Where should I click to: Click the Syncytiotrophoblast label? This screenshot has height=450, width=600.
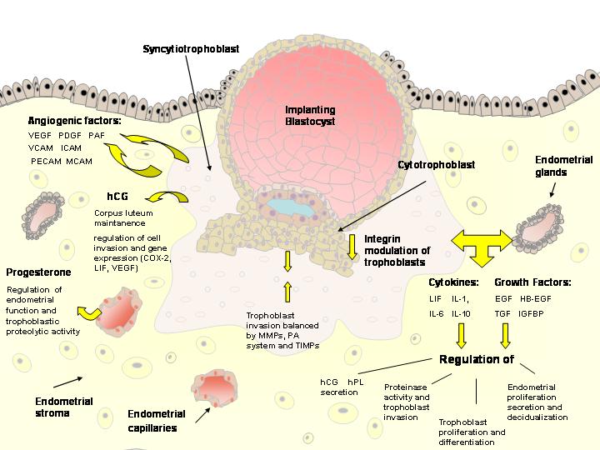tap(191, 49)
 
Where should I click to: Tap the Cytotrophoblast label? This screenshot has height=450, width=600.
tap(436, 165)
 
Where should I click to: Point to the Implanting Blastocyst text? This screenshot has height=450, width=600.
tap(310, 116)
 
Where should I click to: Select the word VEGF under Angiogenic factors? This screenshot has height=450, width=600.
tap(40, 136)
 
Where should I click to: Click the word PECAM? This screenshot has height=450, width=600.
tap(47, 162)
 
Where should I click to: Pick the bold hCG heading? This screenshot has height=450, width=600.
tap(117, 197)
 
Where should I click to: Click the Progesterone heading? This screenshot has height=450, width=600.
tap(38, 272)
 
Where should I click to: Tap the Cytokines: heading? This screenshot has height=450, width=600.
tap(453, 282)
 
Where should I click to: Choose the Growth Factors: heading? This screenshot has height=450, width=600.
tap(532, 282)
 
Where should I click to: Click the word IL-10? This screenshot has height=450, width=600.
tap(461, 314)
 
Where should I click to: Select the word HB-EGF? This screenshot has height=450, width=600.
tap(536, 299)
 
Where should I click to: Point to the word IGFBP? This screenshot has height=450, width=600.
tap(531, 314)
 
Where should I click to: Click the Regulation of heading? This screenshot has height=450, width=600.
tap(477, 359)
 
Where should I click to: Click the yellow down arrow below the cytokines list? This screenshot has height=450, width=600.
tap(462, 336)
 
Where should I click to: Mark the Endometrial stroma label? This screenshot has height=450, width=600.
tap(64, 407)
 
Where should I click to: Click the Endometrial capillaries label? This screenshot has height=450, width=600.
tap(157, 421)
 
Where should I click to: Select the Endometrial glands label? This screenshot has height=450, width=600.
tap(564, 166)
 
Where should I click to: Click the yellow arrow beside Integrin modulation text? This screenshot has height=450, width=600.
tap(352, 247)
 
